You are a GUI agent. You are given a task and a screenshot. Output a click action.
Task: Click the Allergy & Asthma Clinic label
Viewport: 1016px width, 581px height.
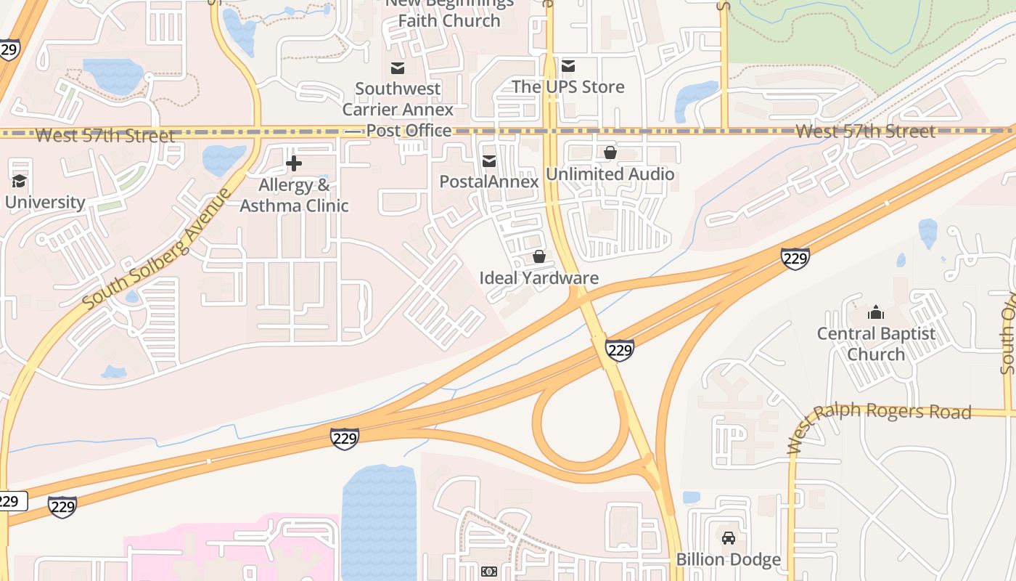point(294,195)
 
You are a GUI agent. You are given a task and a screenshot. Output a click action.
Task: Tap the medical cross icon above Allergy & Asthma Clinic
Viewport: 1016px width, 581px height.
point(294,163)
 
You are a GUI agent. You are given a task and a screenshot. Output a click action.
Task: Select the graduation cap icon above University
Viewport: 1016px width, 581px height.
point(19,181)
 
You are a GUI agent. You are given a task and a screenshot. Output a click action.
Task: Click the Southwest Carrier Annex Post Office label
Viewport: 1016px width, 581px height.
point(398,110)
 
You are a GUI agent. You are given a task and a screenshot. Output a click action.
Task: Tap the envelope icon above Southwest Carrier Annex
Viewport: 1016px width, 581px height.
point(398,68)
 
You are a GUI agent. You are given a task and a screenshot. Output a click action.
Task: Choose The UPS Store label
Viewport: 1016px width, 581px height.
point(568,87)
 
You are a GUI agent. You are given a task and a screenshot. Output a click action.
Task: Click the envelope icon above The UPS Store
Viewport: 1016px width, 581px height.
point(568,66)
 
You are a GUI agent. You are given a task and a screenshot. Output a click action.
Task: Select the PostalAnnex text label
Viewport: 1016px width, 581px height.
point(489,182)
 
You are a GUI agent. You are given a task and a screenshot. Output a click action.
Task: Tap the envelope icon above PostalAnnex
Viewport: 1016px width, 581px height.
point(489,161)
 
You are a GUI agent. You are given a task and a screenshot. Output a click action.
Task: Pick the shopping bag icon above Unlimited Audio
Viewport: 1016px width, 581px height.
point(610,153)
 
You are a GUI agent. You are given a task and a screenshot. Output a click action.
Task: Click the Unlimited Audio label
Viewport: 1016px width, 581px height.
point(610,174)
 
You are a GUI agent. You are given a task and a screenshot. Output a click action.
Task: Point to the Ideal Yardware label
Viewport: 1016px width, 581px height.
point(538,278)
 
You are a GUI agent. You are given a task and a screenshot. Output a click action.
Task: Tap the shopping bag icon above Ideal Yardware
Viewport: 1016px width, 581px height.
point(539,256)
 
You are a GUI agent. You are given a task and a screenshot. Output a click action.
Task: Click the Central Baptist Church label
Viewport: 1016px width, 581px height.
point(876,344)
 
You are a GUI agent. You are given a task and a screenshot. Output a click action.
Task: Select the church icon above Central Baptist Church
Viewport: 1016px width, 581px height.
point(876,313)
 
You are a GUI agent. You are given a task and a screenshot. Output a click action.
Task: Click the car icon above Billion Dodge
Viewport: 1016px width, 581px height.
point(729,538)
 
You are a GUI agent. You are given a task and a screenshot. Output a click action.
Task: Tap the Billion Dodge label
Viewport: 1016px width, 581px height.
point(729,560)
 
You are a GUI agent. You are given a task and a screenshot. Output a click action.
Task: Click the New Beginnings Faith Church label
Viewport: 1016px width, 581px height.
point(449,12)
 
